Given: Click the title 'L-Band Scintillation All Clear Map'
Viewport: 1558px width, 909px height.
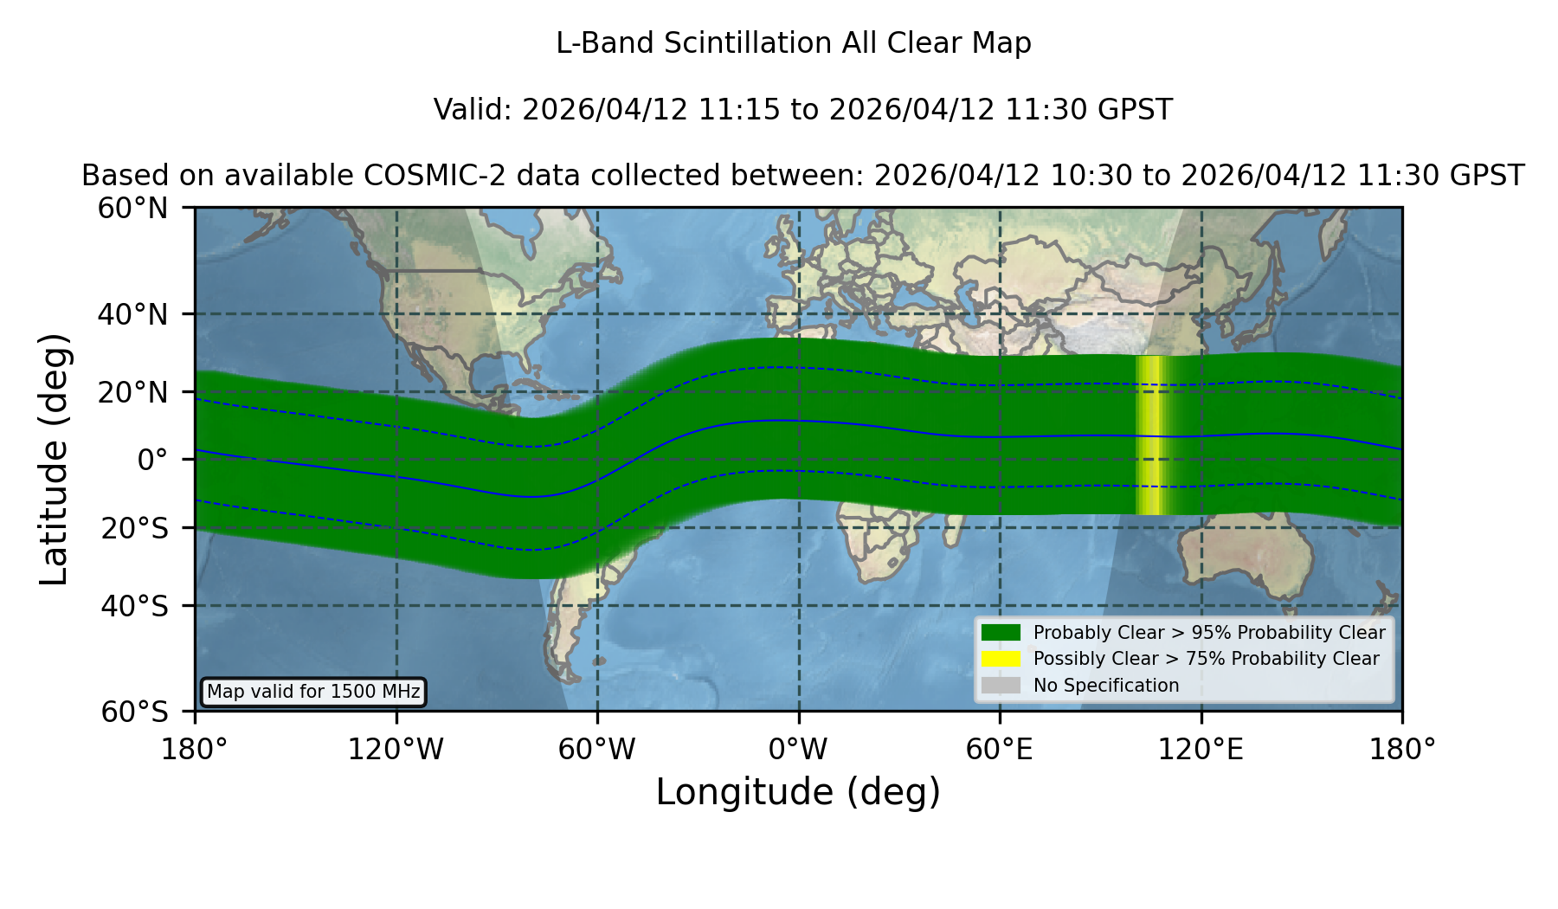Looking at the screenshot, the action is (x=793, y=43).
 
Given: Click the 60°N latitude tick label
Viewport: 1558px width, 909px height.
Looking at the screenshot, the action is (x=133, y=209).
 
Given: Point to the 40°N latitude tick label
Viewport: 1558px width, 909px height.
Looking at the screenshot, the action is (x=133, y=314).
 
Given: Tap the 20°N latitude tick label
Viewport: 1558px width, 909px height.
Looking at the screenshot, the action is (x=133, y=392).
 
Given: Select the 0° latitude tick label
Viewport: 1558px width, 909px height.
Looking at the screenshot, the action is (x=152, y=460).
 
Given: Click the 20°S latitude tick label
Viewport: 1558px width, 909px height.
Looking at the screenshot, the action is (x=135, y=528).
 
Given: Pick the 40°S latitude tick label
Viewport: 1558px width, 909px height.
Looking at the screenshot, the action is (x=135, y=606).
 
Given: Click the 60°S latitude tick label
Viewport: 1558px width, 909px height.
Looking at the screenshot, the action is (x=135, y=712).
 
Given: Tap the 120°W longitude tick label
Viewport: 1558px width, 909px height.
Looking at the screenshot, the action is (x=396, y=750).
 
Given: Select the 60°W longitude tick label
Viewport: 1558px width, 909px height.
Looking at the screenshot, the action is (x=597, y=750).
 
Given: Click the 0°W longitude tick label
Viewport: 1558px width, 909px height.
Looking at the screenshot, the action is (x=798, y=750).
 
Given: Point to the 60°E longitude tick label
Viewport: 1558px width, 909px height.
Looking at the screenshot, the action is (x=1000, y=750).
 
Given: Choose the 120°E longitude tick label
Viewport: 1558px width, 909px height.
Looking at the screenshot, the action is (x=1201, y=750).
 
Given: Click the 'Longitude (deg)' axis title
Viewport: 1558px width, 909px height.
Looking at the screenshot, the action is (x=798, y=792).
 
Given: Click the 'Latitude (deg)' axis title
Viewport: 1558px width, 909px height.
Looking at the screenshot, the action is (x=54, y=459).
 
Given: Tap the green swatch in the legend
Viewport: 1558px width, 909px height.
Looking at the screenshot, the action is (x=1001, y=633).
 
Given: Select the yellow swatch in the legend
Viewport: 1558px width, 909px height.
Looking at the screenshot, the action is (x=1001, y=659).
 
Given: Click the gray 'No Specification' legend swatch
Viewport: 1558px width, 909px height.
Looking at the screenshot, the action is (x=1001, y=686).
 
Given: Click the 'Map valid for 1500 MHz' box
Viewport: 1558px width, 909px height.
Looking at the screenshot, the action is (x=313, y=692).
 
